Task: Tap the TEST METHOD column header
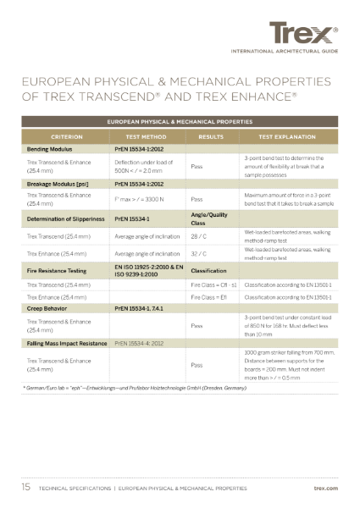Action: click(x=143, y=135)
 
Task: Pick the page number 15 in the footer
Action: click(x=27, y=489)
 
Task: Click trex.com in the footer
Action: click(x=325, y=489)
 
